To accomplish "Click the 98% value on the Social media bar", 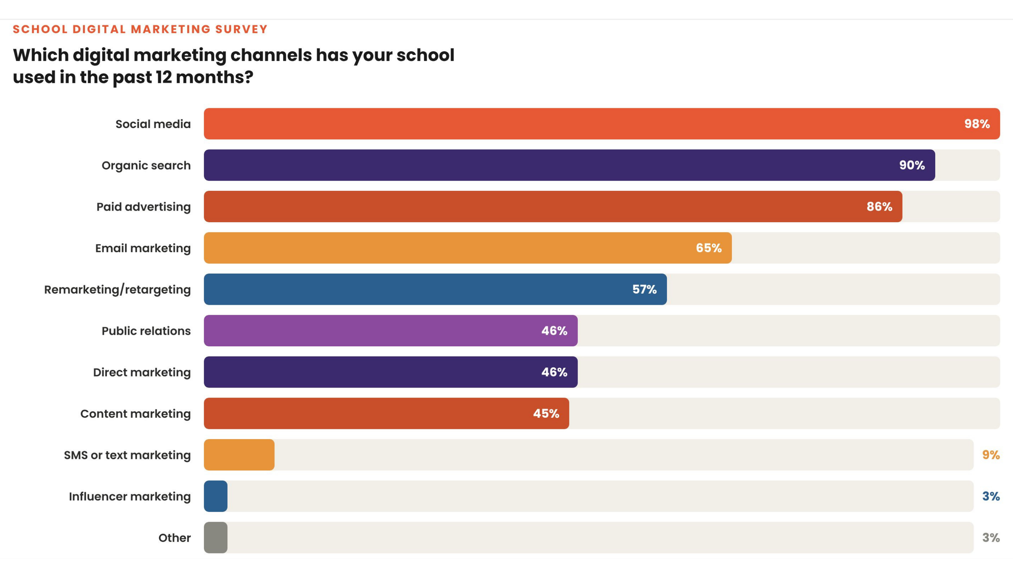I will click(x=977, y=124).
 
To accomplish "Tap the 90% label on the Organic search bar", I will click(x=912, y=165).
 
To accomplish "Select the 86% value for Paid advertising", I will click(x=879, y=207).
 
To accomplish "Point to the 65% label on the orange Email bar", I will click(x=708, y=248).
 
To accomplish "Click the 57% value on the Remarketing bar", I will click(x=644, y=289).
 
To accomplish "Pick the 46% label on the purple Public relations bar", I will click(x=554, y=331).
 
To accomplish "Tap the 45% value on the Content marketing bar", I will click(x=546, y=414).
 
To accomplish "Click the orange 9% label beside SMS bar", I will click(x=990, y=455).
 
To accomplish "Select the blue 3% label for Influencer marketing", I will click(x=990, y=496).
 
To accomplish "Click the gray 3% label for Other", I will click(x=990, y=537).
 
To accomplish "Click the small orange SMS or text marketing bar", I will click(x=239, y=455).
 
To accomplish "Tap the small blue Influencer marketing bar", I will click(x=216, y=496).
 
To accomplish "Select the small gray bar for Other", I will click(x=216, y=537).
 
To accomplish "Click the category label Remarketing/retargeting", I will click(x=117, y=290).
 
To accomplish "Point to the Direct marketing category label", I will click(x=141, y=372).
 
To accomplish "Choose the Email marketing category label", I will click(x=143, y=248).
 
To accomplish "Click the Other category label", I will click(x=174, y=538).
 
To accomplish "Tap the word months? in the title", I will click(x=214, y=77).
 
